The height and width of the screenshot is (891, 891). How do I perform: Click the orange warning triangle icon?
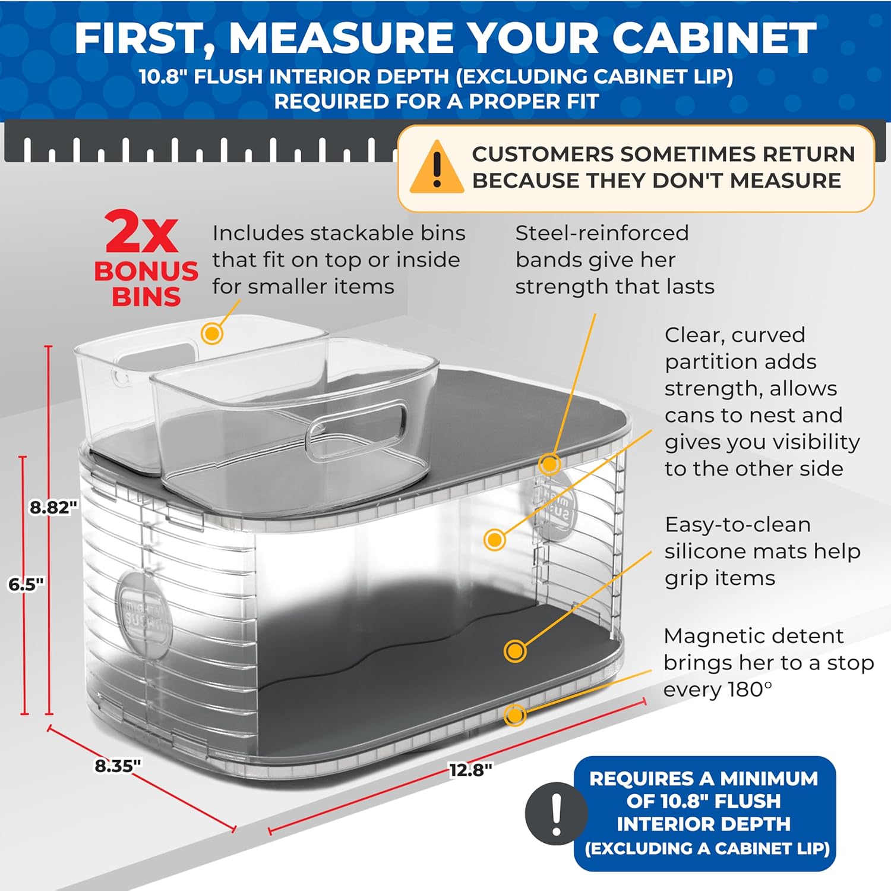(437, 169)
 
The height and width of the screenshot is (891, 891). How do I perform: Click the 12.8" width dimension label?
(470, 770)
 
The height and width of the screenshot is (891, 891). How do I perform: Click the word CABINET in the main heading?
(714, 37)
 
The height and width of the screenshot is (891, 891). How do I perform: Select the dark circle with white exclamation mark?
(556, 813)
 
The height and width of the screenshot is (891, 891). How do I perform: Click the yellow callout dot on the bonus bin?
(212, 333)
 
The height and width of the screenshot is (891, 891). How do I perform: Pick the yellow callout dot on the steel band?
(549, 464)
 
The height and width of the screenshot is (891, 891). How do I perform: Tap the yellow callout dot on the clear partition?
(495, 540)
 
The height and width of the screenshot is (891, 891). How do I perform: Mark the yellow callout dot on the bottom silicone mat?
(515, 651)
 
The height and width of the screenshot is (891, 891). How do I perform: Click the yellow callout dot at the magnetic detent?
(514, 714)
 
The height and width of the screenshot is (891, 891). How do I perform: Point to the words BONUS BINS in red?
(146, 284)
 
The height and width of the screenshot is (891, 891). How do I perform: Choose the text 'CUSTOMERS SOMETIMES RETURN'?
(663, 154)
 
